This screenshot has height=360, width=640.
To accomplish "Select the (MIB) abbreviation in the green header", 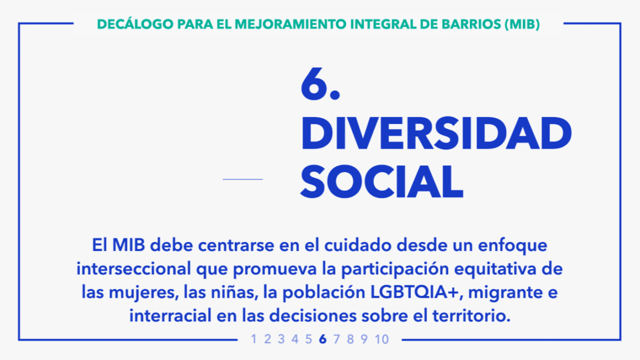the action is click(x=522, y=24).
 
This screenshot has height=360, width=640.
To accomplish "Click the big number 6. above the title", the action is click(x=321, y=84).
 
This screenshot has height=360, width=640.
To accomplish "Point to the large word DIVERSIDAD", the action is click(x=436, y=133).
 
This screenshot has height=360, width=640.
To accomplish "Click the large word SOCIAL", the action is click(x=382, y=181).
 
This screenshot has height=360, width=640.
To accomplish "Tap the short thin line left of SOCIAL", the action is click(x=243, y=179).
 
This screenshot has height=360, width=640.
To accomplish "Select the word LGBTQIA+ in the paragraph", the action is click(x=415, y=292).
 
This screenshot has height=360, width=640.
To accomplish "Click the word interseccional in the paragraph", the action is click(x=134, y=268).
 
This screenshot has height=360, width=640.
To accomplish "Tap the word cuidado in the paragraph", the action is click(x=358, y=245).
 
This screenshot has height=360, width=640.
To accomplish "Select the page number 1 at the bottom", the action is click(x=254, y=339).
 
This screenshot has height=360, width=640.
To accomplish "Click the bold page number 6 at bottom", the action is click(x=323, y=339).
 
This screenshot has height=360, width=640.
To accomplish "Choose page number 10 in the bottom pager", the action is click(x=382, y=339).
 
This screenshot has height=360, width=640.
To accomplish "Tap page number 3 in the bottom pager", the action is click(x=281, y=339).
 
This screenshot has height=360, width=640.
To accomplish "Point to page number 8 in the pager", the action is click(x=350, y=339).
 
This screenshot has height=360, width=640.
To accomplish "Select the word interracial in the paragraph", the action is click(x=170, y=315).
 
